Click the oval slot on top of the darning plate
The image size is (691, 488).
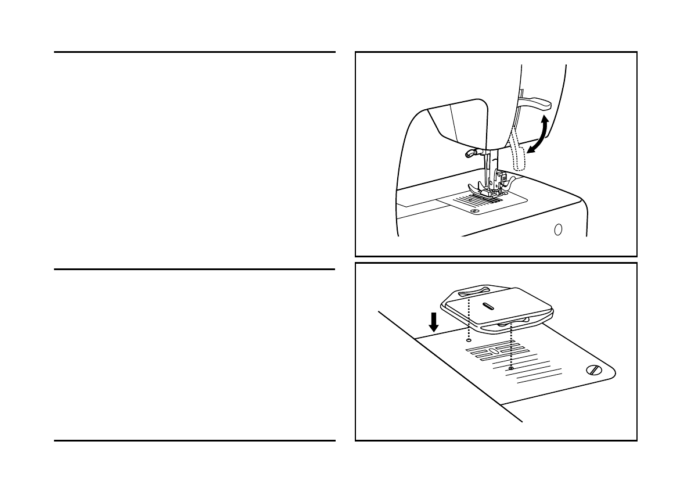tap(487, 306)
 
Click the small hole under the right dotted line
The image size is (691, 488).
tap(510, 368)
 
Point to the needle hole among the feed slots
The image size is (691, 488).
tap(491, 351)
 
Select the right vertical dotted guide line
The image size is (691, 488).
tap(510, 346)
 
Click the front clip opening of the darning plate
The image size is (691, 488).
tap(511, 322)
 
